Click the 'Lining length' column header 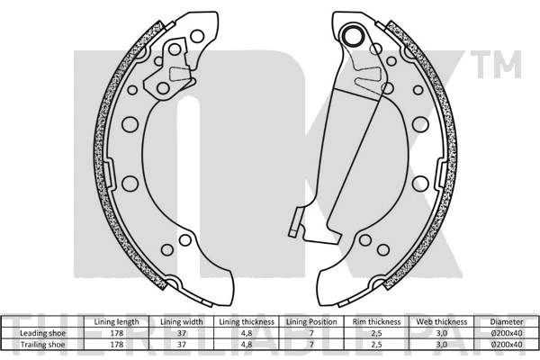(116, 322)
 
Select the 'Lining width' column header (182, 322)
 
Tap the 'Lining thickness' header (247, 322)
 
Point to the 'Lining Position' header (311, 322)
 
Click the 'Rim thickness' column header (376, 322)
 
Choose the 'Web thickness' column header (442, 322)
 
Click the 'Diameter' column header (507, 322)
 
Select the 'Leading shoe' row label (42, 333)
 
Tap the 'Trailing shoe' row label (42, 344)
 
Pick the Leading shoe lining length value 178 (117, 333)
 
